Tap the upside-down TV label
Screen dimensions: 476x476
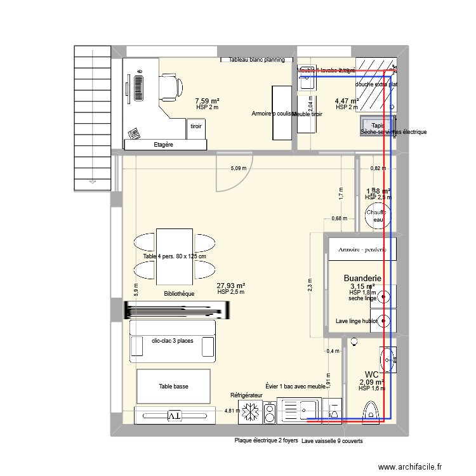coord(174,416)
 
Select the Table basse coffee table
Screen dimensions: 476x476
coord(173,386)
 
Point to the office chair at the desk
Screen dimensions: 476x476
coord(169,86)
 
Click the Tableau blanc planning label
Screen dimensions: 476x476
coord(253,60)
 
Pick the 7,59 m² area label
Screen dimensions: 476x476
coord(207,101)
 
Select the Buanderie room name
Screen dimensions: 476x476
coord(362,278)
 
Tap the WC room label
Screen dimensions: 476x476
coord(372,374)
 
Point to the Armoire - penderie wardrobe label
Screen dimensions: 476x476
coord(362,249)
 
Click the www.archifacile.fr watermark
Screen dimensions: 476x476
coord(411,466)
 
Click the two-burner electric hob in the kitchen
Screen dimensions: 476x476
coord(269,413)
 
